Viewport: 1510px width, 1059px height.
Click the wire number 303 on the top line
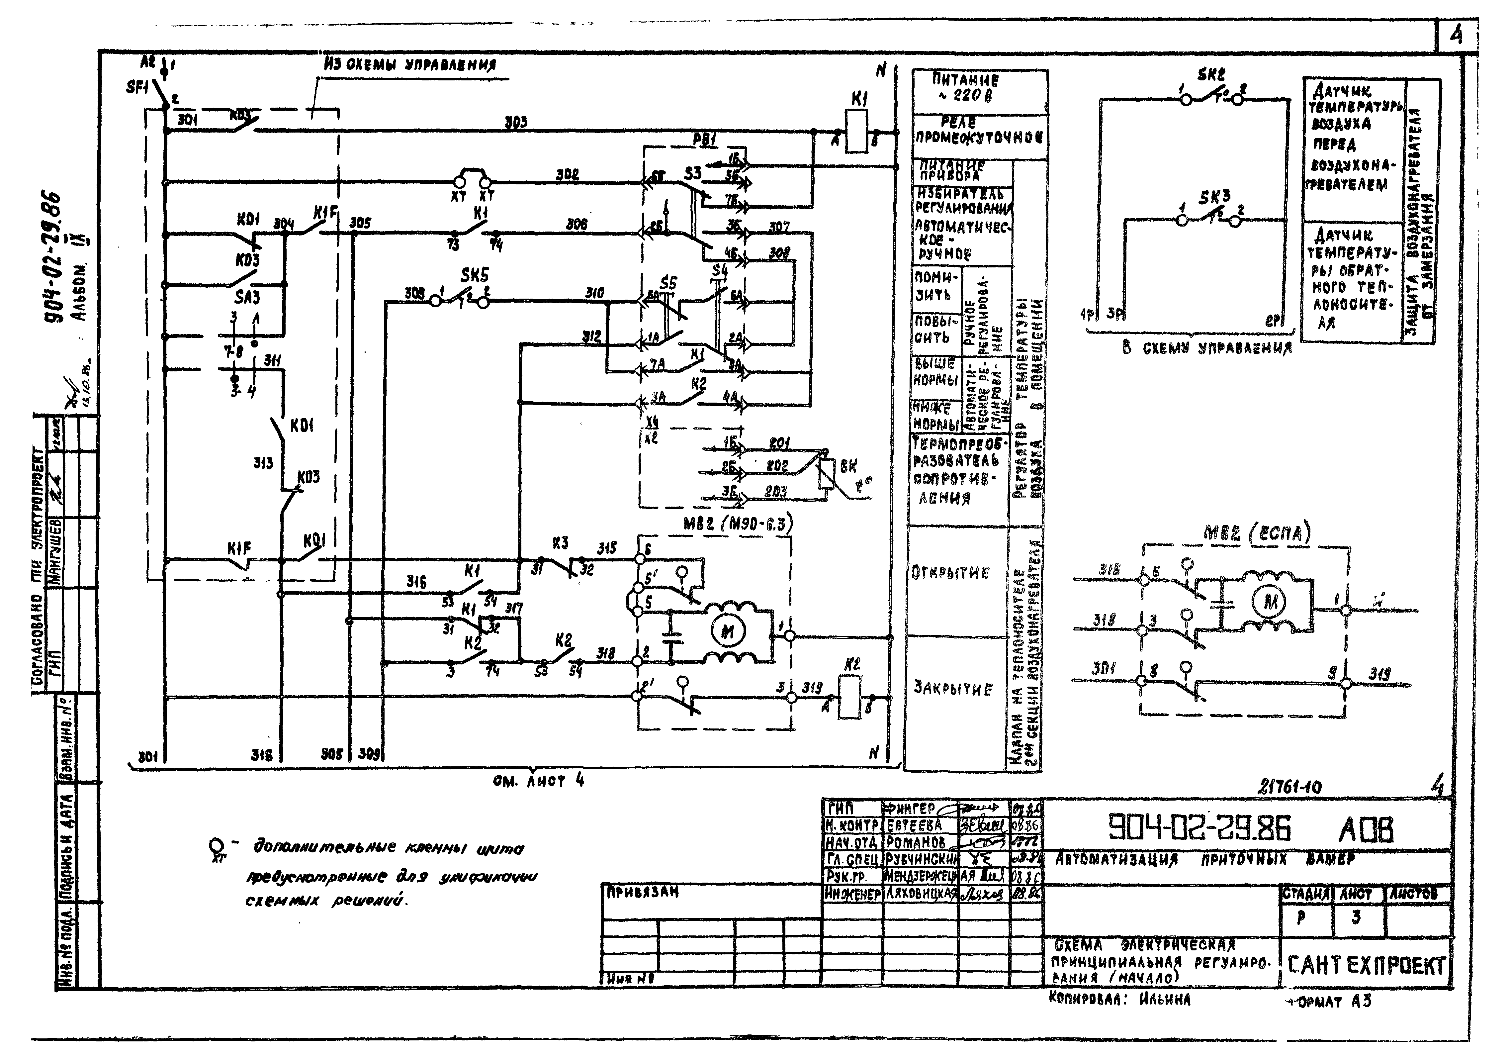point(515,122)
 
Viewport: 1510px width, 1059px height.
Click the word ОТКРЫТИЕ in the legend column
point(950,572)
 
